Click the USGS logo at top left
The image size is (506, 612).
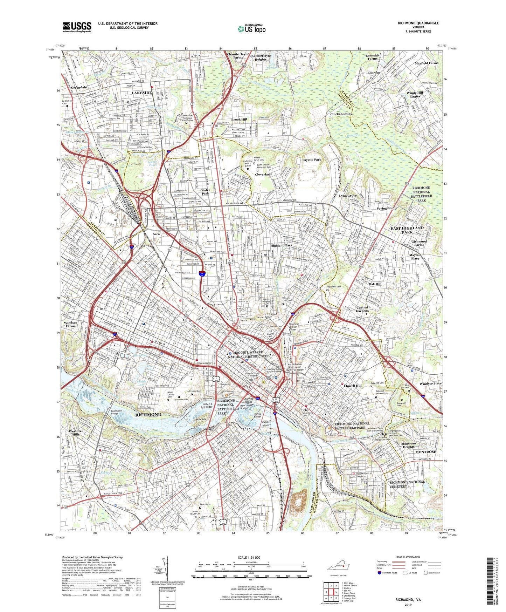coord(77,27)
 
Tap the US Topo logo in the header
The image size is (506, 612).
coord(251,29)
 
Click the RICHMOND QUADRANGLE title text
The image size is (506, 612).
coord(418,23)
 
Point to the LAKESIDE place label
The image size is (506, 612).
coord(142,93)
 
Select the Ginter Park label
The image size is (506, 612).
coord(205,192)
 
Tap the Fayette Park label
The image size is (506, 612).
coord(312,160)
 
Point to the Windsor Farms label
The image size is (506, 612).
coord(70,324)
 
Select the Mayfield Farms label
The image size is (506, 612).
coord(426,63)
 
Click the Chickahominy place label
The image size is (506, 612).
coord(341,114)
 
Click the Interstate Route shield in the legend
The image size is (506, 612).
coord(379,573)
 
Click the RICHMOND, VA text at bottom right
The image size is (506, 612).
coord(408,600)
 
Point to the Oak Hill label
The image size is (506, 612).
coord(375,284)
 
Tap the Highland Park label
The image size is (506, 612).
coord(281,245)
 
